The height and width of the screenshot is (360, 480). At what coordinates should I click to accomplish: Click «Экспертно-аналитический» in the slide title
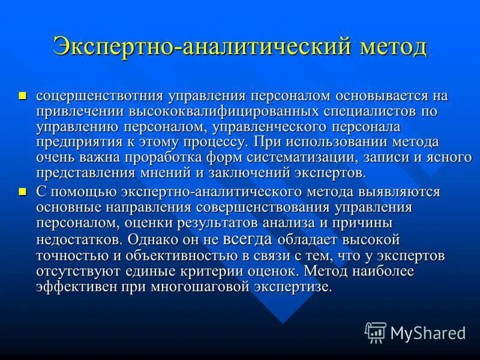187,46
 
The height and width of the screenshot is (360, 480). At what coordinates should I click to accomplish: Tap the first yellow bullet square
23,95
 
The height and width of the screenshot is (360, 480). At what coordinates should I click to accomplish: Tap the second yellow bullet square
23,191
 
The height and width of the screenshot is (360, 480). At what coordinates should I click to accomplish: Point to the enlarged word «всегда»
247,239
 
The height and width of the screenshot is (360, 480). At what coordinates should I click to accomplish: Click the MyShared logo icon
376,332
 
